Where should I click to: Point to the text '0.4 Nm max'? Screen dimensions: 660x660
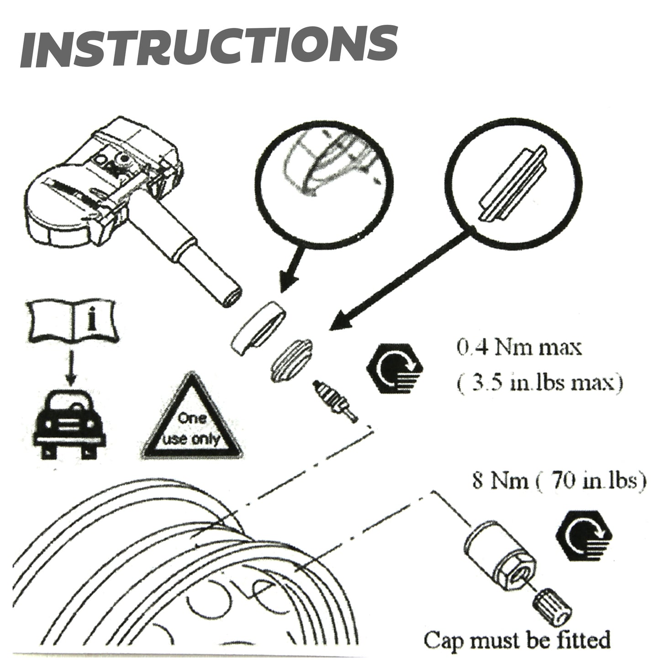[519, 348]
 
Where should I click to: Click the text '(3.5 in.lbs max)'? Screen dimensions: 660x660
[539, 383]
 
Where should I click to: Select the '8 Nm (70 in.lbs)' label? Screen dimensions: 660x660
[559, 481]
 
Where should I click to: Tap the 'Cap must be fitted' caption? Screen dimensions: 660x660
[517, 639]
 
